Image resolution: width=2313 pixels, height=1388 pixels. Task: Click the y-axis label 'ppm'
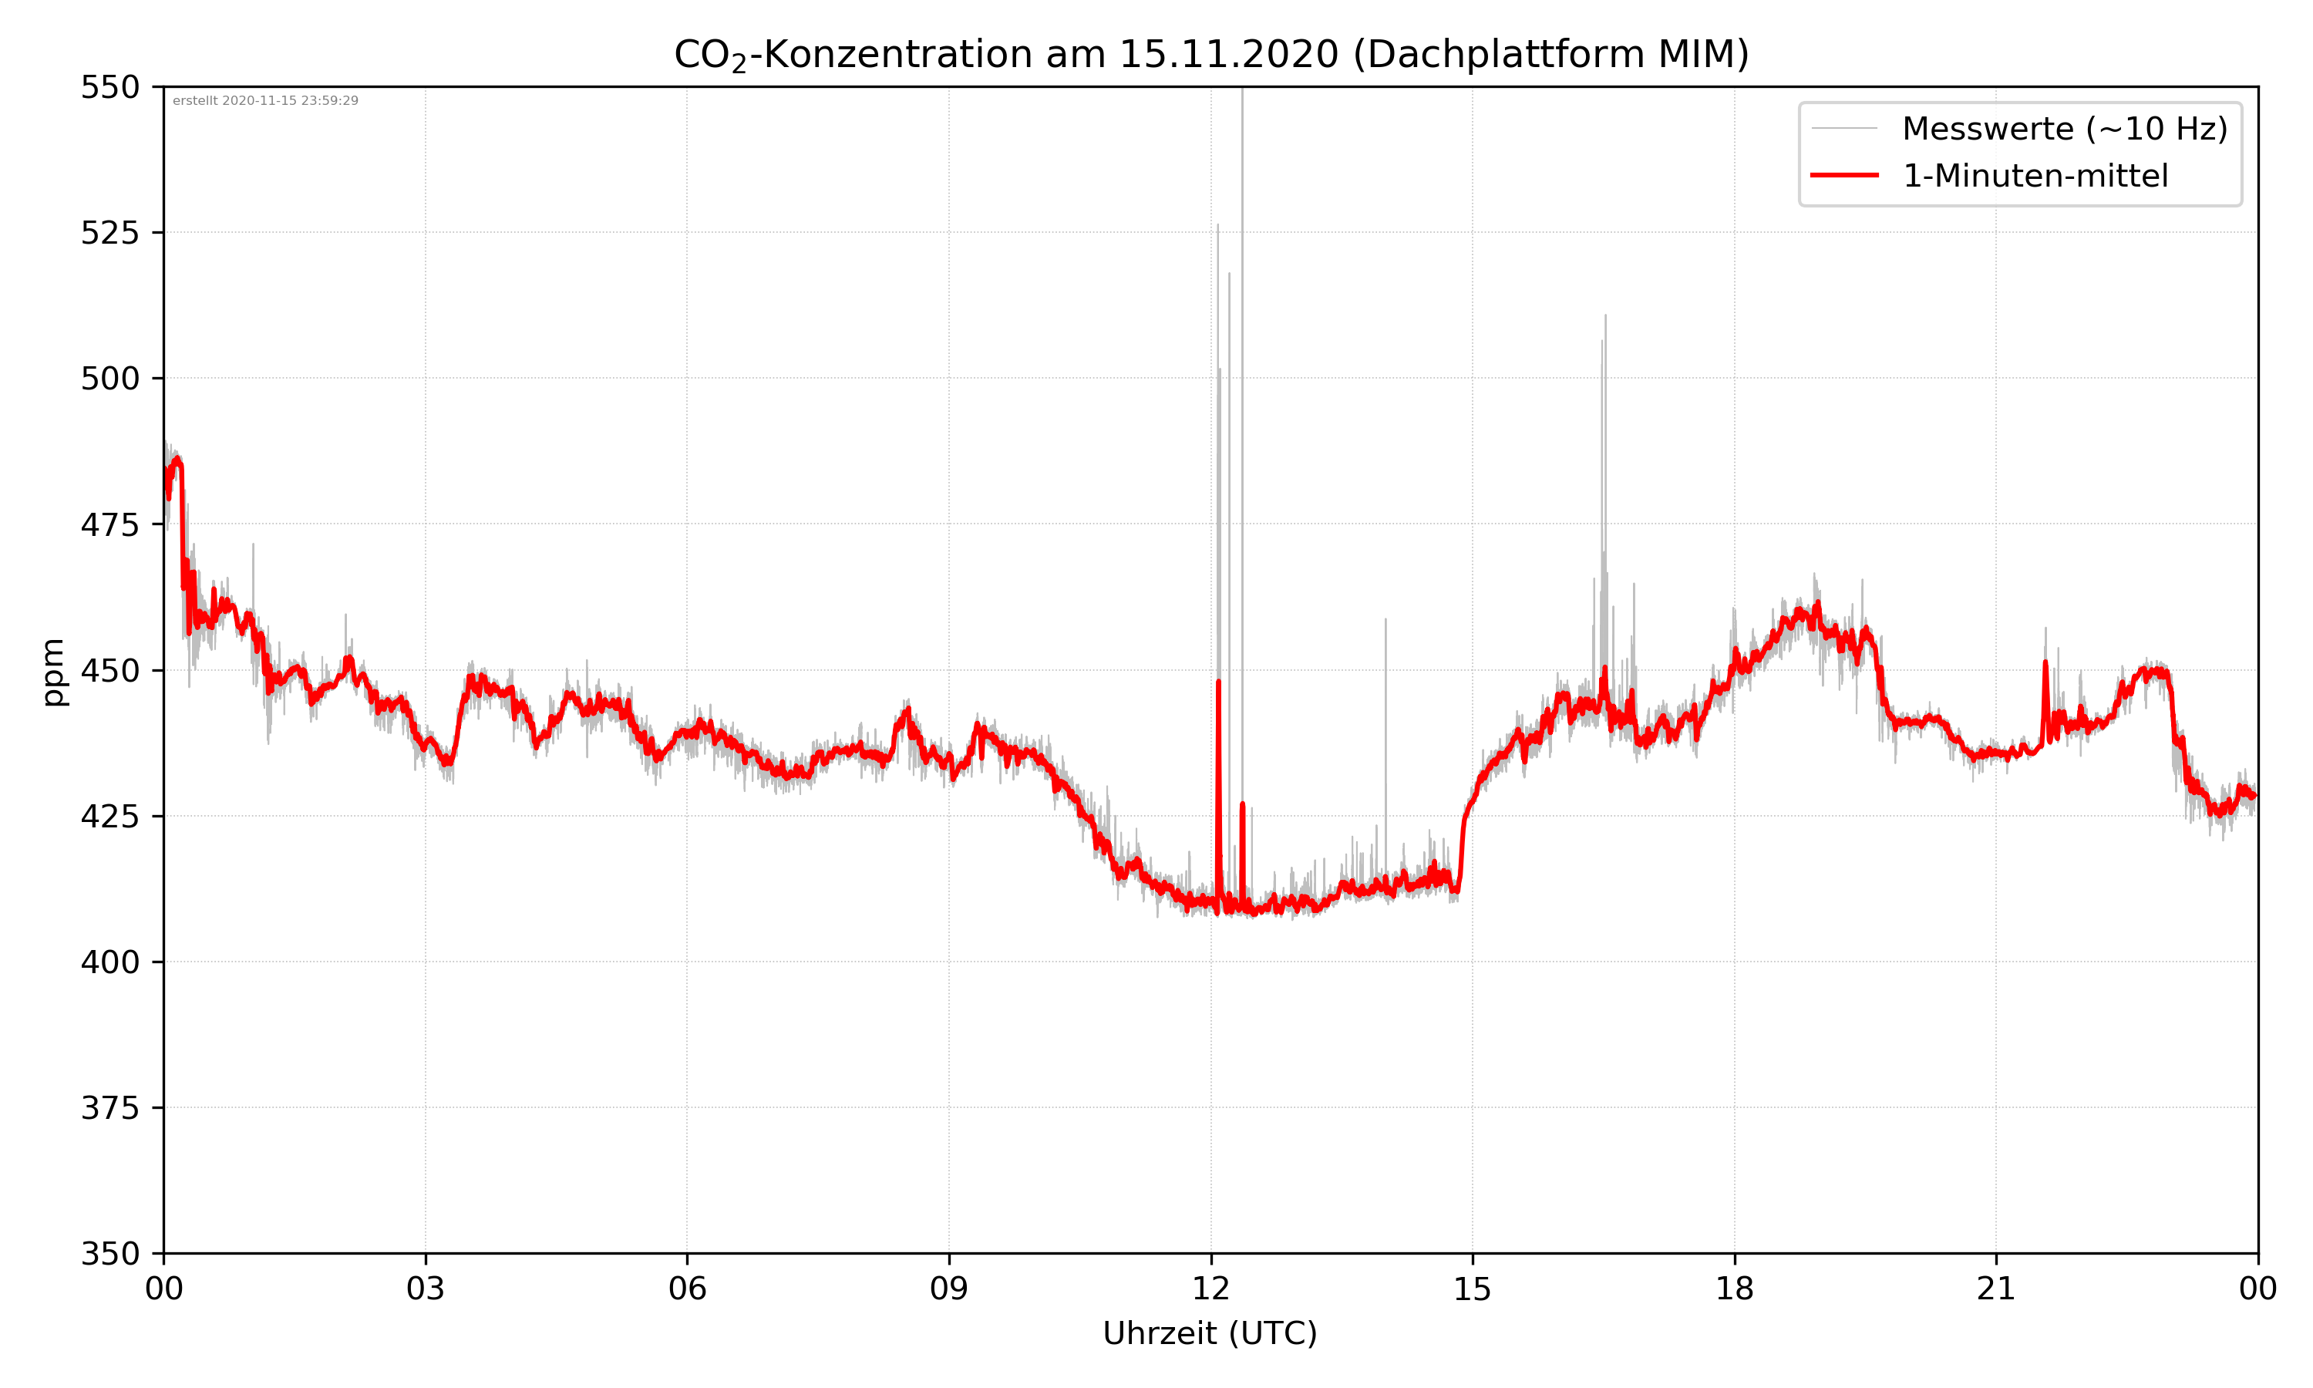[53, 672]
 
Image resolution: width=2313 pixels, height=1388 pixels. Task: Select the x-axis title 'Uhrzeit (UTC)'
[1210, 1332]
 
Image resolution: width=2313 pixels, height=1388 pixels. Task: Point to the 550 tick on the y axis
[109, 87]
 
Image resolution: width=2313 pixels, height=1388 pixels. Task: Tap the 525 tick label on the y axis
[109, 233]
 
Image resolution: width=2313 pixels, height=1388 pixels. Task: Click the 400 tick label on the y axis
[109, 962]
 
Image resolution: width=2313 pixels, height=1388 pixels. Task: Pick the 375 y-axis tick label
[109, 1108]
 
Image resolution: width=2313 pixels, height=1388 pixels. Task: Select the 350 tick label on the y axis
[109, 1255]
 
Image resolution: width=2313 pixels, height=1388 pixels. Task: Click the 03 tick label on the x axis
[426, 1289]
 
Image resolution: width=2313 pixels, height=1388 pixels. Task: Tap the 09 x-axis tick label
[949, 1289]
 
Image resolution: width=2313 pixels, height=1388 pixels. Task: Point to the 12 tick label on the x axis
[1210, 1289]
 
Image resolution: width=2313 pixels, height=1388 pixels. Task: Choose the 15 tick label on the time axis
[1473, 1289]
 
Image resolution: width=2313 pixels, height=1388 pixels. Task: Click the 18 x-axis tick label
[1734, 1289]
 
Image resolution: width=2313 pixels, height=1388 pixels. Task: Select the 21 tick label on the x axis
[1996, 1289]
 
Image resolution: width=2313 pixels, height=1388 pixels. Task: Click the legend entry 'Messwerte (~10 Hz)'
[2064, 129]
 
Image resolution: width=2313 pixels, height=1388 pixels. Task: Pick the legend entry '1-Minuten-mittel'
[2035, 176]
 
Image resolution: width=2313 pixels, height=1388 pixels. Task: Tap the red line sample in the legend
[1843, 176]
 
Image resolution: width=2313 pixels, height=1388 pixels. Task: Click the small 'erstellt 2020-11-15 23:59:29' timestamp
[265, 101]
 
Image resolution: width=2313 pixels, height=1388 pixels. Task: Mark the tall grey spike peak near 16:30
[1605, 316]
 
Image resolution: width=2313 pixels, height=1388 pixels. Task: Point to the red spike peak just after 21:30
[2045, 663]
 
